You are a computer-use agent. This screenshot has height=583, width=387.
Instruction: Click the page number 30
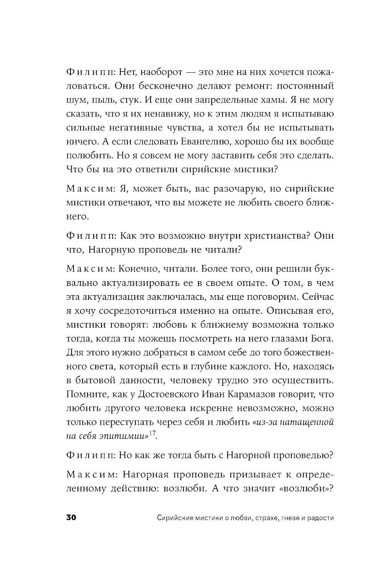(73, 518)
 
